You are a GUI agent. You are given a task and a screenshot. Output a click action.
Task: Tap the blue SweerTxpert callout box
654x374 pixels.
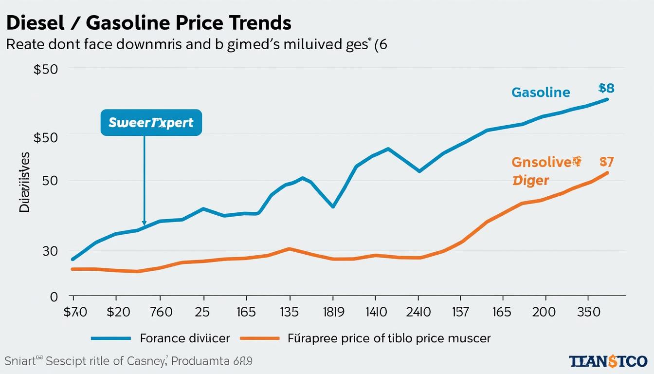151,122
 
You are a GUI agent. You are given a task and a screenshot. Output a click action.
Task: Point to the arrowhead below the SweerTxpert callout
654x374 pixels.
144,223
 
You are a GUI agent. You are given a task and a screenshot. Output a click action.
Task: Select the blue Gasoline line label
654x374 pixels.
541,92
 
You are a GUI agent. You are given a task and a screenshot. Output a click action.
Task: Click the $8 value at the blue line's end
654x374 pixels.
606,88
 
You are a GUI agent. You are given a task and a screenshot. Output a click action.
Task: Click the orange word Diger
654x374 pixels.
531,181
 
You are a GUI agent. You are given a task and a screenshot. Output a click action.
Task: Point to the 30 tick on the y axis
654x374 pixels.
50,251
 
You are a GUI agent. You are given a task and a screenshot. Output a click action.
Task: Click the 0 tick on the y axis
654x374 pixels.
54,297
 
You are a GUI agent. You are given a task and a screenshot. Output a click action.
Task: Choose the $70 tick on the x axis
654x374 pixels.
75,312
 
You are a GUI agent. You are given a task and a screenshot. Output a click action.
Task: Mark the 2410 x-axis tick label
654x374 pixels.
418,312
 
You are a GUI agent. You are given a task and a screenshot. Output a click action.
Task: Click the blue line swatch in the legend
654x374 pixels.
111,338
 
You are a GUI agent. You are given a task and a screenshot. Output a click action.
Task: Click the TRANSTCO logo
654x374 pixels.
608,361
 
